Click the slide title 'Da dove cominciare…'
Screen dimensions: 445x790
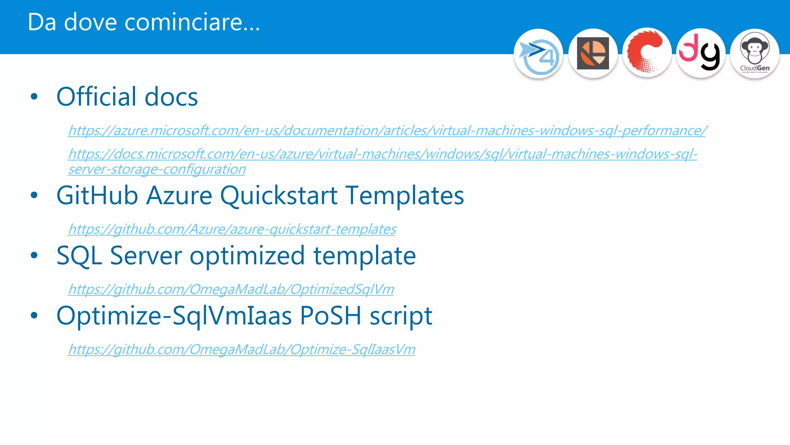pyautogui.click(x=143, y=22)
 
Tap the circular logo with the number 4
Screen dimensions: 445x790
pyautogui.click(x=538, y=54)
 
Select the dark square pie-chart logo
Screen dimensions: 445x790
pyautogui.click(x=593, y=54)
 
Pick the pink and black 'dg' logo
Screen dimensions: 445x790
pyautogui.click(x=701, y=53)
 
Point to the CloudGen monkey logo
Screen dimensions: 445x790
pyautogui.click(x=755, y=54)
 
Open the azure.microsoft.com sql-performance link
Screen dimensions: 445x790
pyautogui.click(x=387, y=131)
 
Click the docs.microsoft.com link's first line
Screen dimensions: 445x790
pyautogui.click(x=383, y=154)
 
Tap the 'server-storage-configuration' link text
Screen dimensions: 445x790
pyautogui.click(x=157, y=169)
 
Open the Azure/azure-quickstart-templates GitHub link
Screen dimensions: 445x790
pyautogui.click(x=232, y=229)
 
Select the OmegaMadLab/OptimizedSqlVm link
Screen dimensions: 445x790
pyautogui.click(x=231, y=289)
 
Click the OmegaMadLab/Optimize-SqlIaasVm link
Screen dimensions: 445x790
pyautogui.click(x=241, y=349)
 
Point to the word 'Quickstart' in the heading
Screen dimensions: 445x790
pyautogui.click(x=279, y=196)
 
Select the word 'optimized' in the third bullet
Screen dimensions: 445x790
pyautogui.click(x=247, y=256)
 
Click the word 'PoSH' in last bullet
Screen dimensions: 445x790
pyautogui.click(x=330, y=316)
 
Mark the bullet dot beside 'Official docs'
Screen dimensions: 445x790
pyautogui.click(x=34, y=97)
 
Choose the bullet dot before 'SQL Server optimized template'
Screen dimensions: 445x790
pyautogui.click(x=34, y=255)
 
